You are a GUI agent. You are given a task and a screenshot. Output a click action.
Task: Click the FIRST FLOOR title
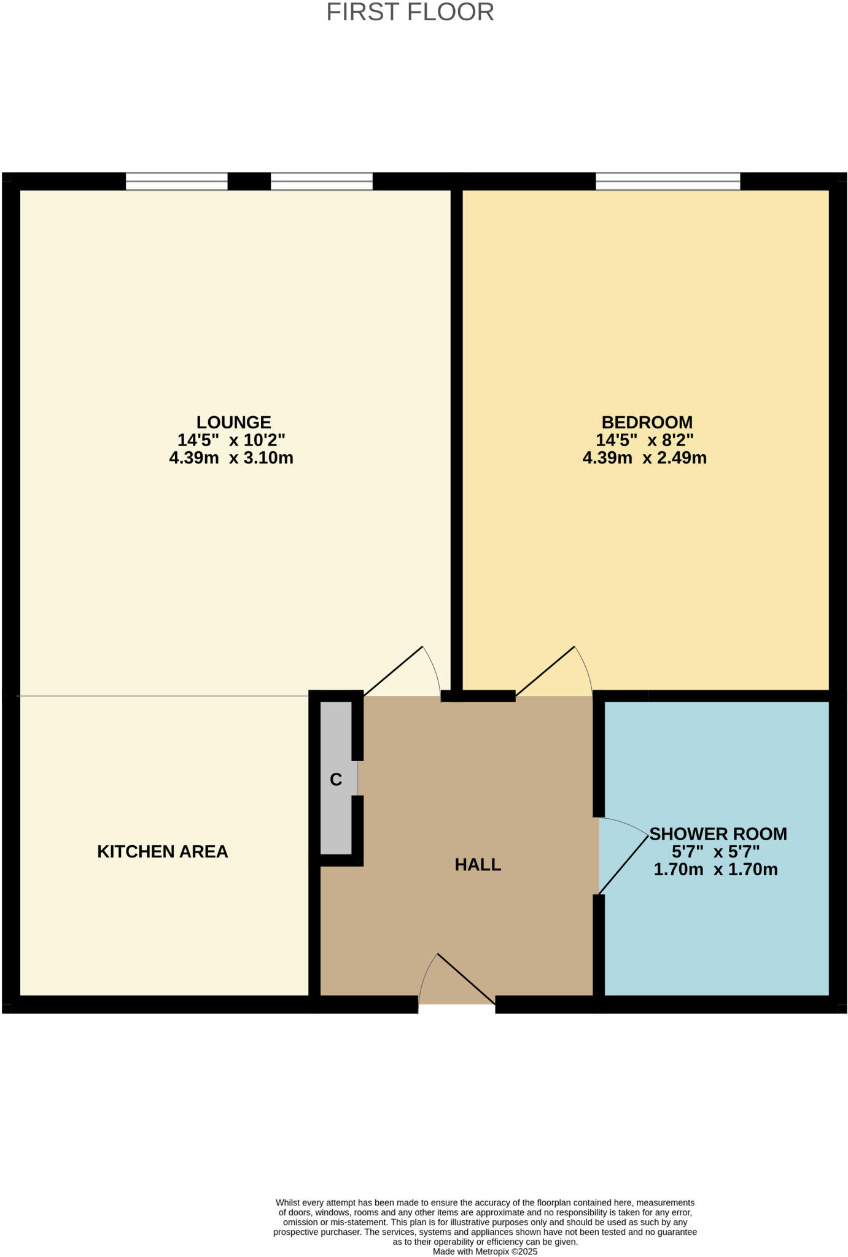[410, 12]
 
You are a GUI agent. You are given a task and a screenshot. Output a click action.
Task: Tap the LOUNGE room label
[233, 422]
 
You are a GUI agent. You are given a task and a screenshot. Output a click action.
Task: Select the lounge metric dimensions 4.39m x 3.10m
[231, 458]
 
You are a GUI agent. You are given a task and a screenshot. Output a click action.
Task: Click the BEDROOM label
[647, 422]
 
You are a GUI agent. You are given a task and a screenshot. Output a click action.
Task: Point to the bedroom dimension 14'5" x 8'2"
[644, 440]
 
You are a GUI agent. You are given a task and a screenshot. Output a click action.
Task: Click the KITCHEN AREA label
[163, 851]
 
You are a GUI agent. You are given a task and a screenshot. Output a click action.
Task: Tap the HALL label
[478, 864]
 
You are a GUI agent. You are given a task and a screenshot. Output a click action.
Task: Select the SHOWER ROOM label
[718, 833]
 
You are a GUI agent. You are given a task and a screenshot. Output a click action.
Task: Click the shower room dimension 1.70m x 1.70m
[715, 869]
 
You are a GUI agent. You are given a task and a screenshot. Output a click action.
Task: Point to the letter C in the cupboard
[335, 779]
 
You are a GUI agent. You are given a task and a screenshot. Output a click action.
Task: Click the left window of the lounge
[177, 181]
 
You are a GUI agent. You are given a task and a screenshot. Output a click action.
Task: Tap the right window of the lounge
[322, 181]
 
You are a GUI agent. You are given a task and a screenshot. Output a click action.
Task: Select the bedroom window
[667, 181]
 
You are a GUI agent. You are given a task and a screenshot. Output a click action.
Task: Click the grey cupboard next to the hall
[336, 810]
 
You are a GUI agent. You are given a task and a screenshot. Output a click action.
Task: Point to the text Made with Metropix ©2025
[484, 1251]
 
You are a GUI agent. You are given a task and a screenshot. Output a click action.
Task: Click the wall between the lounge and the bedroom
[456, 430]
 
